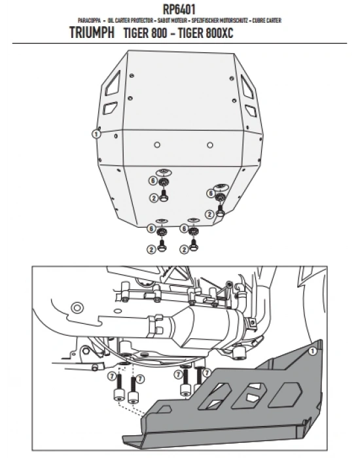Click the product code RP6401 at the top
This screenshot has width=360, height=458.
[179, 9]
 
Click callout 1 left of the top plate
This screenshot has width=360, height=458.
[96, 133]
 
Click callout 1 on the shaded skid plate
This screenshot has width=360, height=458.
[312, 351]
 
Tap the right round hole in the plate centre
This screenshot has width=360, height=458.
[209, 144]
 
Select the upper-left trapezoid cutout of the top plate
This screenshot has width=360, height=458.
[112, 82]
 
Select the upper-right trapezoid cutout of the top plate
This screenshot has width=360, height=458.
[248, 82]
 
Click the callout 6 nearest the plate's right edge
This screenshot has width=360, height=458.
[211, 192]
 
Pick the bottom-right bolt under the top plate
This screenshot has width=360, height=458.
[193, 245]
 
